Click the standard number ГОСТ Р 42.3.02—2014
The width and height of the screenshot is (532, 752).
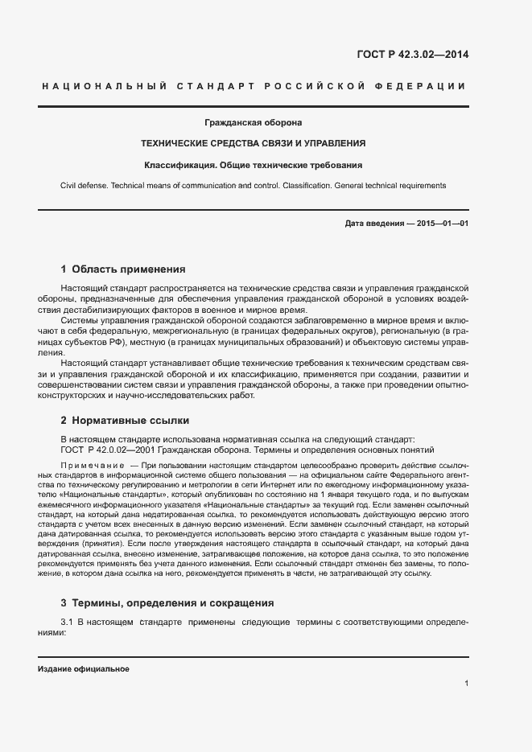(412, 55)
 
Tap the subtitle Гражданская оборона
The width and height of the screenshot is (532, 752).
(254, 122)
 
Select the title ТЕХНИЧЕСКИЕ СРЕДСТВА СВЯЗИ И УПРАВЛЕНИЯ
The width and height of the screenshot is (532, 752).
(254, 143)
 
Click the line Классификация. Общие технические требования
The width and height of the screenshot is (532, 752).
(254, 165)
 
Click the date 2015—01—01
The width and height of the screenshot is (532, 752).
(442, 223)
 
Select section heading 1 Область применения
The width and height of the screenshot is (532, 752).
(123, 269)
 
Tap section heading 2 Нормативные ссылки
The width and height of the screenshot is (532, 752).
(125, 420)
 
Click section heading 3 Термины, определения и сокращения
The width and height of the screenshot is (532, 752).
(167, 602)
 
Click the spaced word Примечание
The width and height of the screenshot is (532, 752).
(92, 466)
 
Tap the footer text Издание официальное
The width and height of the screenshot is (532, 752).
(84, 669)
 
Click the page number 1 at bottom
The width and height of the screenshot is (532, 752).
(466, 684)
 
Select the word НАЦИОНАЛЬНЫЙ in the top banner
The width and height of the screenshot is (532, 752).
(102, 85)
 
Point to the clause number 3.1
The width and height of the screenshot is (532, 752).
(68, 623)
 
